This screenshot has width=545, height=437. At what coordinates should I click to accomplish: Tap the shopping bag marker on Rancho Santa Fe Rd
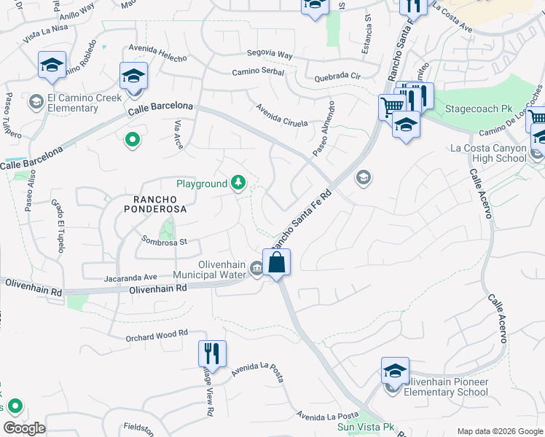277,262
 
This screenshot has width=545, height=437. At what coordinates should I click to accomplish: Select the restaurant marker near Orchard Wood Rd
212,353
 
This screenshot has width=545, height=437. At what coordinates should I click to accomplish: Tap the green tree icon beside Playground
238,184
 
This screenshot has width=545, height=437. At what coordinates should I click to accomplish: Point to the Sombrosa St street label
165,240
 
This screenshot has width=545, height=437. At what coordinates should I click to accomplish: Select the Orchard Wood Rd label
157,334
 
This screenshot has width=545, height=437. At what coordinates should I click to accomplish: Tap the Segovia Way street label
270,55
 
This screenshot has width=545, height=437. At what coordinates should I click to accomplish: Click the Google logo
24,428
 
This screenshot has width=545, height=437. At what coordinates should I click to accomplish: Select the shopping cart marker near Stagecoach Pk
392,107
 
